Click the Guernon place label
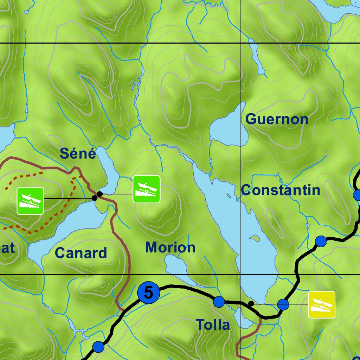[x=277, y=119]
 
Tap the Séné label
[x=78, y=154]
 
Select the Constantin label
[x=281, y=190]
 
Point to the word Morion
[x=170, y=247]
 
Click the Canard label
[x=81, y=253]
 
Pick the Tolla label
[x=213, y=324]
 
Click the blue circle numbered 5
[x=148, y=292]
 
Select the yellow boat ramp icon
[x=322, y=304]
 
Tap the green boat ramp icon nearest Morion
[x=146, y=189]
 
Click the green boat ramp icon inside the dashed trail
[x=30, y=201]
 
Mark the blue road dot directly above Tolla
[x=219, y=302]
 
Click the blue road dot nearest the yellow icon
[x=283, y=304]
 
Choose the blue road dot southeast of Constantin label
[x=321, y=242]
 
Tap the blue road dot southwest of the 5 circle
[x=98, y=347]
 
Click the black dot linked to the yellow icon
[x=251, y=303]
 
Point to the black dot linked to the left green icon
[x=94, y=198]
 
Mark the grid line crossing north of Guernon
[x=240, y=43]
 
